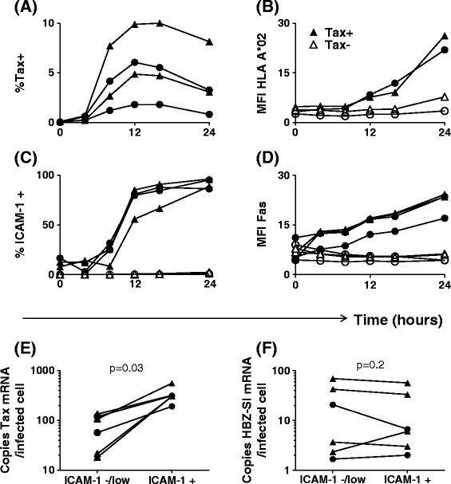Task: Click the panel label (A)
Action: point(26,7)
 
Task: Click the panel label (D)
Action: point(267,159)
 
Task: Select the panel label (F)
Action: point(267,348)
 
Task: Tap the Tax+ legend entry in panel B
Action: point(331,33)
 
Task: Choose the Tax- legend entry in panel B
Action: point(330,45)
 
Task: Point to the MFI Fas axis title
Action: point(261,224)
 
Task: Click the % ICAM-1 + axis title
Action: point(21,224)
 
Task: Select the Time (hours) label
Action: point(398,320)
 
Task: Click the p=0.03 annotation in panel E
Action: point(126,368)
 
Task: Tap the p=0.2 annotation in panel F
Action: point(370,365)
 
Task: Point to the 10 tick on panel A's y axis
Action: point(49,23)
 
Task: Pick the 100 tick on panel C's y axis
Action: point(46,175)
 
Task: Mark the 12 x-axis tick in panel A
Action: point(135,132)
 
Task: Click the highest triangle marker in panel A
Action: point(160,23)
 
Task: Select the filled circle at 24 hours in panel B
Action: point(444,50)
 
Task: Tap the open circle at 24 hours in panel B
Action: point(444,111)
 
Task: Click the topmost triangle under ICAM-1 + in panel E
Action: point(172,384)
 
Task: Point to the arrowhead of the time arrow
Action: point(347,318)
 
